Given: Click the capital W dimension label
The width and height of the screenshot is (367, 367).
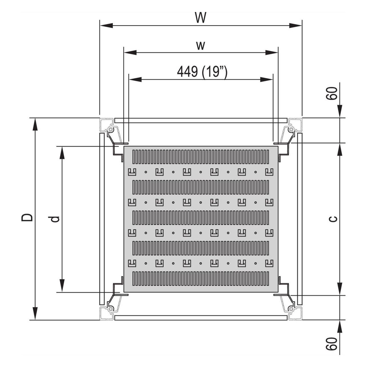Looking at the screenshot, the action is [x=201, y=18].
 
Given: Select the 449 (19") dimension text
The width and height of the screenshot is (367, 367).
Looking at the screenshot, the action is [x=202, y=72].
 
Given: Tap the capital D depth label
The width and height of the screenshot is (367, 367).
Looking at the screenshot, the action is [x=27, y=218].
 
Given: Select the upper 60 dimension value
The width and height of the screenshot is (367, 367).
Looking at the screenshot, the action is [x=332, y=93].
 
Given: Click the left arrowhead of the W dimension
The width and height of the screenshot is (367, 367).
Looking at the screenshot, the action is [x=106, y=25].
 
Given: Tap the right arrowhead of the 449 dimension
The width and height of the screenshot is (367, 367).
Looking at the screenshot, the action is [x=266, y=79].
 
